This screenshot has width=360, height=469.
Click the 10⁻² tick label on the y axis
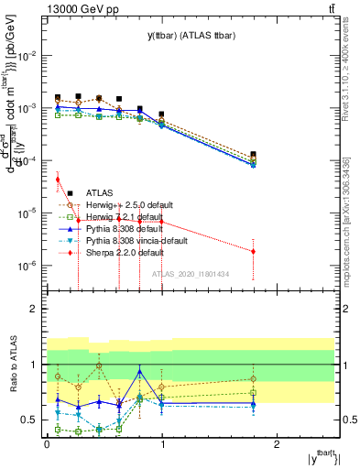click(28, 55)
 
